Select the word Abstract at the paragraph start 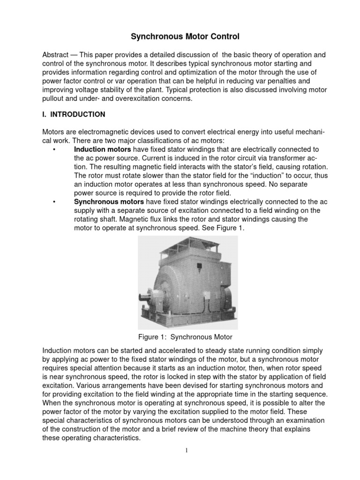[x=55, y=54]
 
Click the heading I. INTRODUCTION [x=74, y=114]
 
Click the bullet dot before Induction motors [x=55, y=149]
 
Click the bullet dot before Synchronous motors [x=55, y=202]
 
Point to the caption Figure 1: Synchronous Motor [x=185, y=337]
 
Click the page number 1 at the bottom [x=187, y=450]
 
